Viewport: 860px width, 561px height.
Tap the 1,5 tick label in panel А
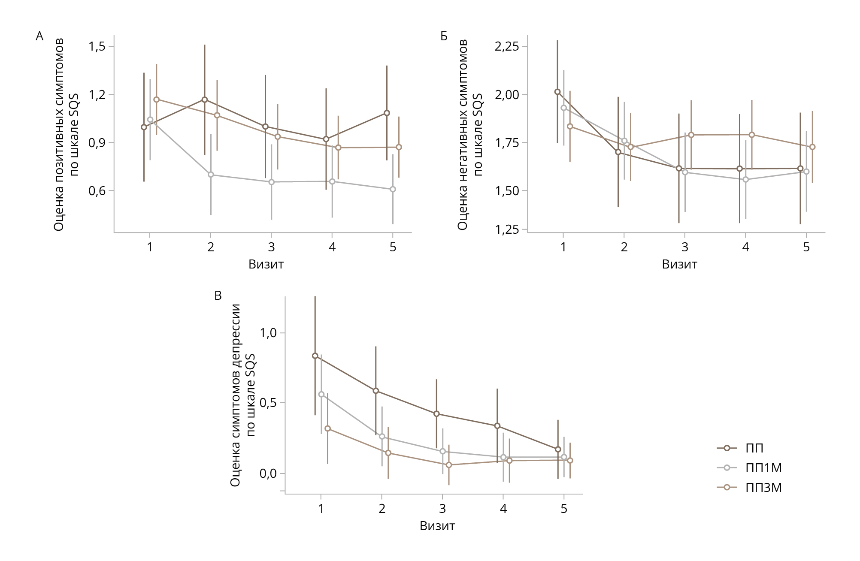97,46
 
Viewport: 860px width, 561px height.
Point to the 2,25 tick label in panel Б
507,46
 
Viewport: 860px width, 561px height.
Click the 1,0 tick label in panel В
268,333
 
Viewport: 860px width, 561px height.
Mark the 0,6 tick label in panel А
97,190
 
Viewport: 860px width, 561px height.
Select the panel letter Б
444,36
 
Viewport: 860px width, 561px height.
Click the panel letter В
218,296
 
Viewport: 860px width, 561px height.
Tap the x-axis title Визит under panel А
266,264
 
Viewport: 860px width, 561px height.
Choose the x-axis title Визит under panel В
437,526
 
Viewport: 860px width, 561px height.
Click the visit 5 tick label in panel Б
806,247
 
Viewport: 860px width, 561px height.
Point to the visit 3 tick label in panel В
442,509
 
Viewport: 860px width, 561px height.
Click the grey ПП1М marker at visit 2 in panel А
211,175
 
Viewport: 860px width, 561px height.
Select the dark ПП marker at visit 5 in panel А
387,113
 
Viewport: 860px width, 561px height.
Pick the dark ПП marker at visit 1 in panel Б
557,92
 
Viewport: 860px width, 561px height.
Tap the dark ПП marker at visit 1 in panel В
315,356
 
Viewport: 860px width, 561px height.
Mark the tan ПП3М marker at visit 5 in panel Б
812,147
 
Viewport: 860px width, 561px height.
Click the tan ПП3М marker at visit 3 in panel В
449,465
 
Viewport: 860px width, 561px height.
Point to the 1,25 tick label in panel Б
507,230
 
